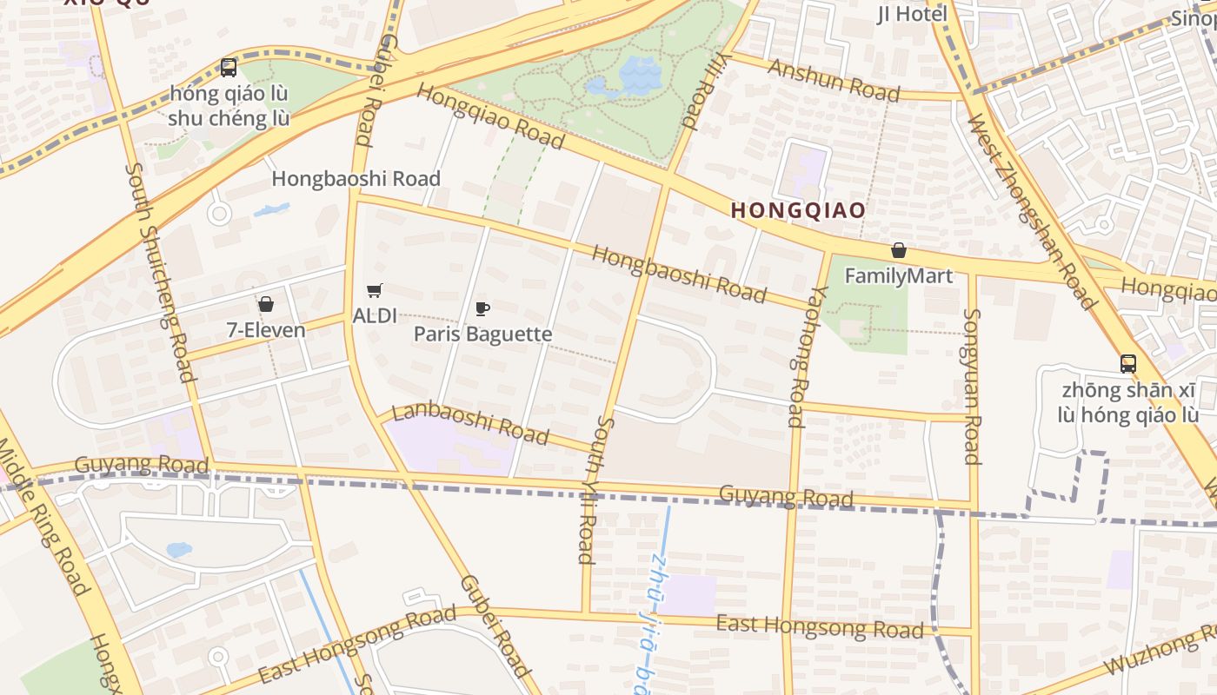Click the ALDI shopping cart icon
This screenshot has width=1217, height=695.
point(375,291)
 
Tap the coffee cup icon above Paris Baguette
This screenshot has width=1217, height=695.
point(482,308)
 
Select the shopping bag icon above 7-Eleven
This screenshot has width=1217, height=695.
point(266,304)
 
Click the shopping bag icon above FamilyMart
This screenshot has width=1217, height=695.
point(899,251)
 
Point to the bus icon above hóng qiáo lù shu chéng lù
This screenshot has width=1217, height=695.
point(229,67)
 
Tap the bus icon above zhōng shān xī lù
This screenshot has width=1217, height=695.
point(1128,364)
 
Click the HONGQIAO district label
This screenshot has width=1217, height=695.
point(798,210)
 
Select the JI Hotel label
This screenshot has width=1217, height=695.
point(912,14)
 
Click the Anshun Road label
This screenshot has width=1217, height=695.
point(832,79)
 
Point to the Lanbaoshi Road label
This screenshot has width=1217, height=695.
point(470,423)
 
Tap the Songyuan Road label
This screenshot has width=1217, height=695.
point(972,386)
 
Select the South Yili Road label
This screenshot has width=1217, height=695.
point(595,489)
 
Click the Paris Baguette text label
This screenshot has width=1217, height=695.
point(482,334)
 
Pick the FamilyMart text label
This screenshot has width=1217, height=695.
point(899,276)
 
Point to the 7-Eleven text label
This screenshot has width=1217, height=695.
point(266,330)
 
